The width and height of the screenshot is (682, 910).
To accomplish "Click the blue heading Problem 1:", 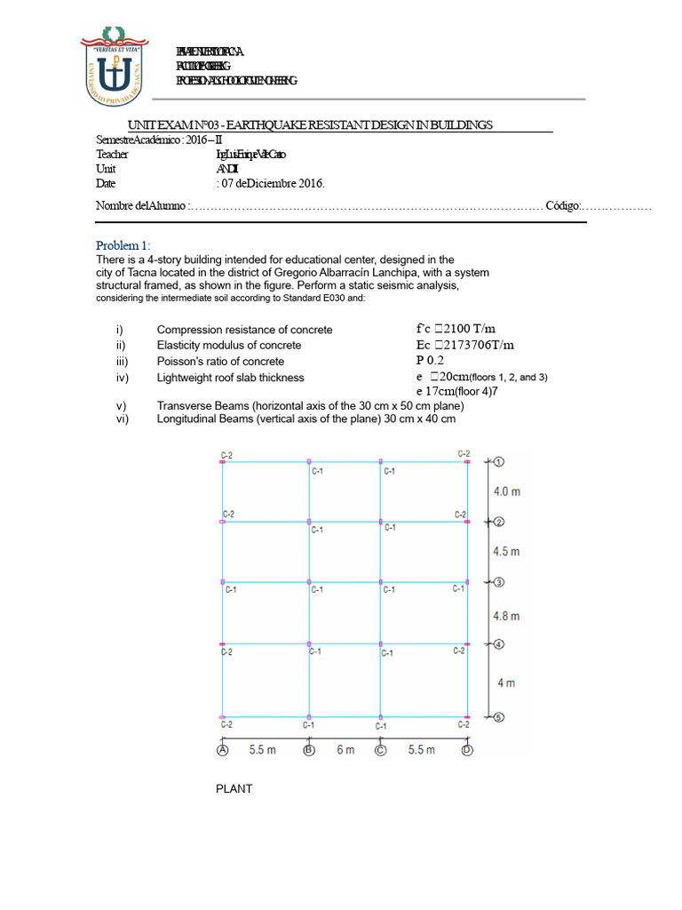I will point(123,245).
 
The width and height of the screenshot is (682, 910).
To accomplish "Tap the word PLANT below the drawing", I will point(234,788).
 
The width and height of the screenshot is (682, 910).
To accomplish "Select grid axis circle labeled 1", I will point(499,462).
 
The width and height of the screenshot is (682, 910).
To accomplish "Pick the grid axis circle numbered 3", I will point(499,582).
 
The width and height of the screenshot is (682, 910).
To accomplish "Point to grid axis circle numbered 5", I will point(499,717).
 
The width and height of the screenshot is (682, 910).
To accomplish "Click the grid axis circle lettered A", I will point(222,750).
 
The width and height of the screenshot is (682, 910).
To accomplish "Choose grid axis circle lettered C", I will point(381,750).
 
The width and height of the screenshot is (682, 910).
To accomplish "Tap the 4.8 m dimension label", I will point(506,615).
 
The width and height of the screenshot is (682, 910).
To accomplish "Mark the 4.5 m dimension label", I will point(506,551).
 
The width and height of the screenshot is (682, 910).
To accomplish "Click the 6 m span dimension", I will point(345,750).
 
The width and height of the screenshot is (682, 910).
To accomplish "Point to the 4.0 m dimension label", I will point(506,491).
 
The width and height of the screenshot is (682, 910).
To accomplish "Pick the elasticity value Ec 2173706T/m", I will point(464,345).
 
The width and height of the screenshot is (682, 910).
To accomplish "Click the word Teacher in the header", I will point(112,155).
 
